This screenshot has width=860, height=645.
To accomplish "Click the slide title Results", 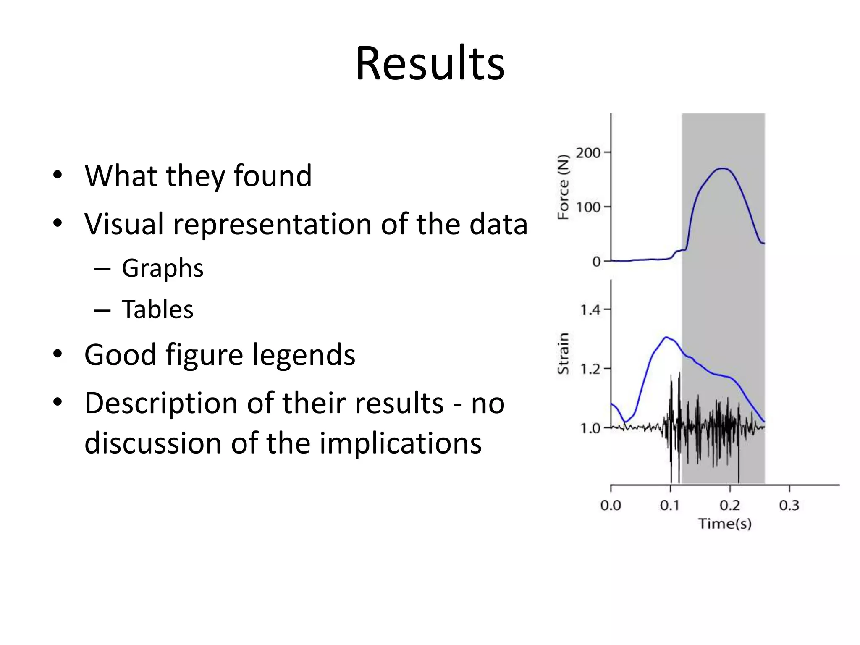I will click(x=430, y=63).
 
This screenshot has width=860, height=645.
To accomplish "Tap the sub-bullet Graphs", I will click(x=163, y=268).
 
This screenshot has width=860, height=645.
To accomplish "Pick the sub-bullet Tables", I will click(x=157, y=309).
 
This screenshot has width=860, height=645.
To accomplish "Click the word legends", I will click(x=304, y=355).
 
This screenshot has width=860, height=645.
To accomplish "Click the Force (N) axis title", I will click(x=563, y=187).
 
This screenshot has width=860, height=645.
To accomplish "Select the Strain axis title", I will click(x=563, y=354).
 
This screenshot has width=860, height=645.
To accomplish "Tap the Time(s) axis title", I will click(x=725, y=524).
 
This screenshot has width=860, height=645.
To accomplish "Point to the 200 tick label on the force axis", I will click(x=588, y=153).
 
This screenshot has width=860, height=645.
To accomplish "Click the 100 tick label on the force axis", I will click(x=588, y=207).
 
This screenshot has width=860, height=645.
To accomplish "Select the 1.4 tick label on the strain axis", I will click(x=590, y=310).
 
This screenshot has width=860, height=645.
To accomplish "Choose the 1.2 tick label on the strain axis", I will click(x=590, y=370).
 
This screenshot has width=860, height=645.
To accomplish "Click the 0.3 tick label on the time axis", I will click(x=789, y=505).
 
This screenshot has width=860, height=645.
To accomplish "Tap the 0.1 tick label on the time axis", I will click(x=670, y=505).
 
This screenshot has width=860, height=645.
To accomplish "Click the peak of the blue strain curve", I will click(x=666, y=337).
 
